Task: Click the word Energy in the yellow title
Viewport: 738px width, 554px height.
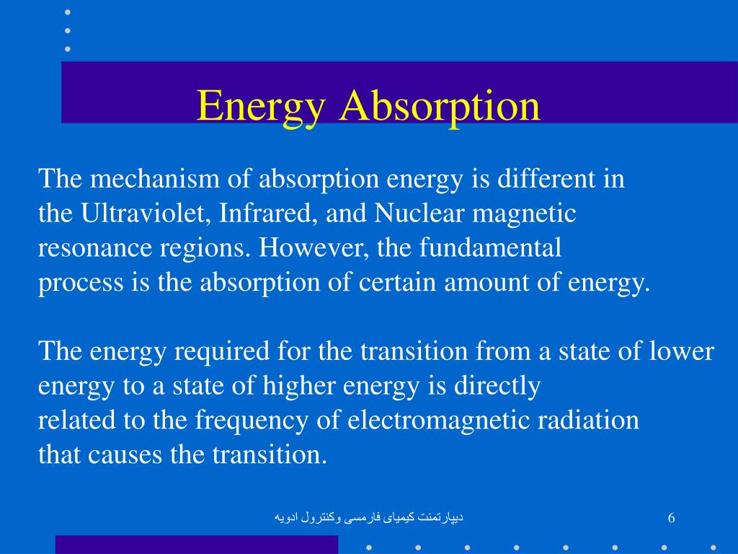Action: (261, 107)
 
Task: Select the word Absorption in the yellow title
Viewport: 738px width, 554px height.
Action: (440, 107)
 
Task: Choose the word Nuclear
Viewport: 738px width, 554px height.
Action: (419, 213)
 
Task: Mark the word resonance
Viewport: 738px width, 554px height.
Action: (95, 248)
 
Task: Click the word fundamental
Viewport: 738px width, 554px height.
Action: (490, 247)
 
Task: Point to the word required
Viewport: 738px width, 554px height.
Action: (222, 352)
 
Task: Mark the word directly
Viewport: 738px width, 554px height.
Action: (497, 386)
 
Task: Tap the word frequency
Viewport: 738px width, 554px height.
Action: (252, 421)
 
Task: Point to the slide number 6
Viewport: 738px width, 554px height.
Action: (671, 518)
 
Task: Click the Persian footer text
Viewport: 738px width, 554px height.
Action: (369, 518)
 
